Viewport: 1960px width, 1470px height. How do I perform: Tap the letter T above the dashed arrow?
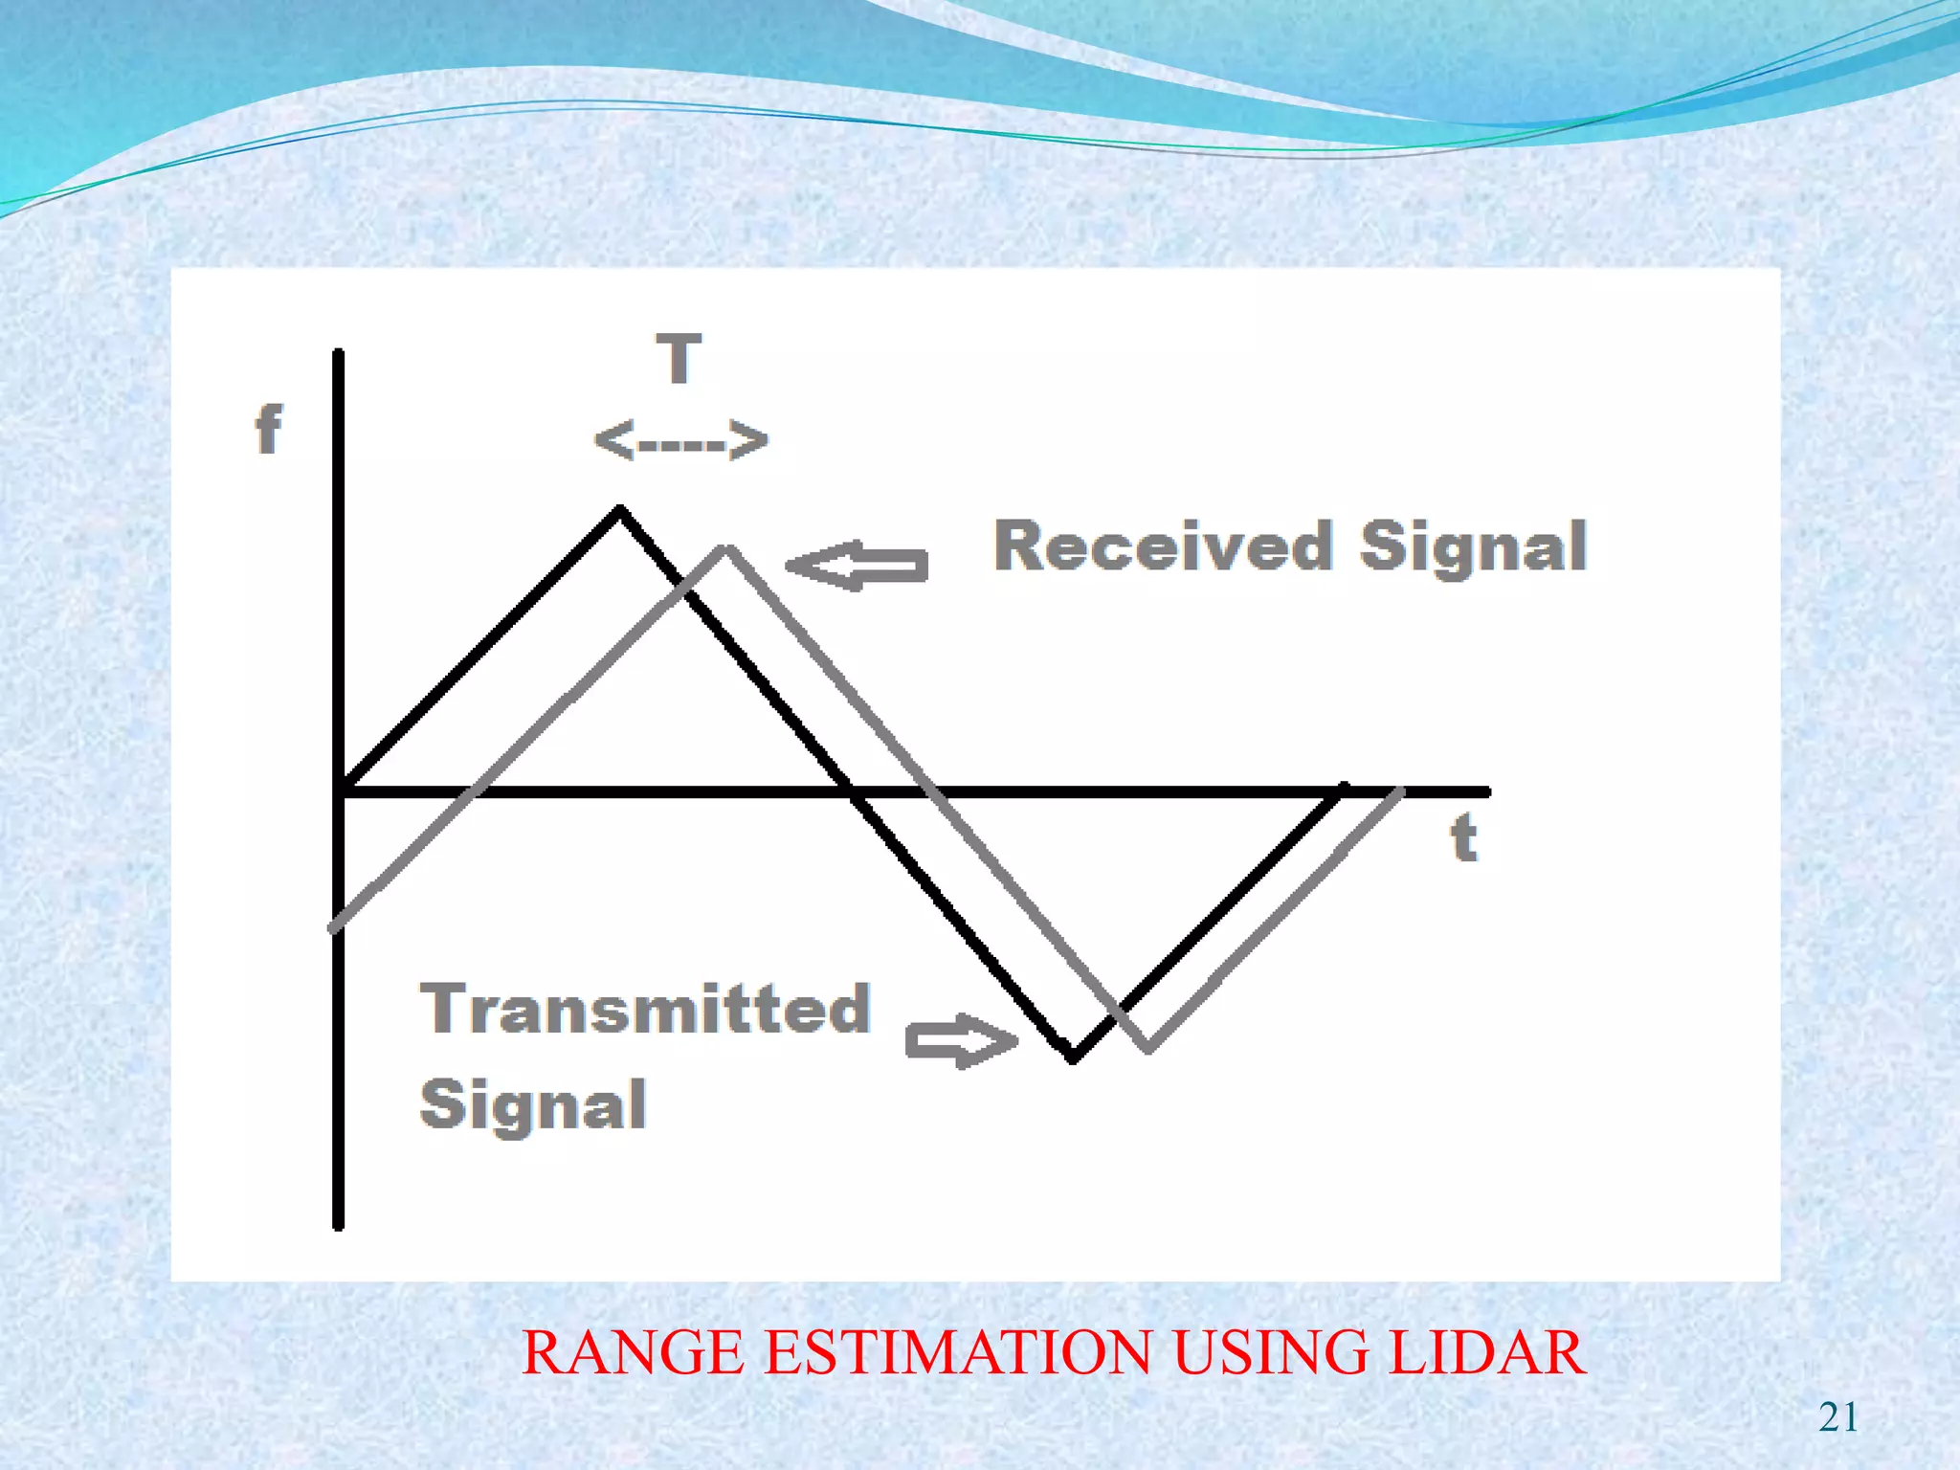(x=679, y=359)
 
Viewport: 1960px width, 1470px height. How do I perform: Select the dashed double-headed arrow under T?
(x=680, y=440)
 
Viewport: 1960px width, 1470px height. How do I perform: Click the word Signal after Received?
(x=1473, y=546)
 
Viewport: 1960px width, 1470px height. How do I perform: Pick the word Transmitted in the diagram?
(x=646, y=1009)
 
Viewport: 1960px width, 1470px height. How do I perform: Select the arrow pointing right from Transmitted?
(x=961, y=1040)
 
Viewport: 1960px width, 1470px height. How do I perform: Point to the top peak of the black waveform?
(x=620, y=511)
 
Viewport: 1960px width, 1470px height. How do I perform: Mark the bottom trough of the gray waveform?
(x=1147, y=1047)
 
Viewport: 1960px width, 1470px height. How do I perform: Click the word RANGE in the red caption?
(x=633, y=1352)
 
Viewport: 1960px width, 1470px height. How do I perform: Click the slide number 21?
(x=1837, y=1417)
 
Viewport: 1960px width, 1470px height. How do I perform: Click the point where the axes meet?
(x=339, y=791)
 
